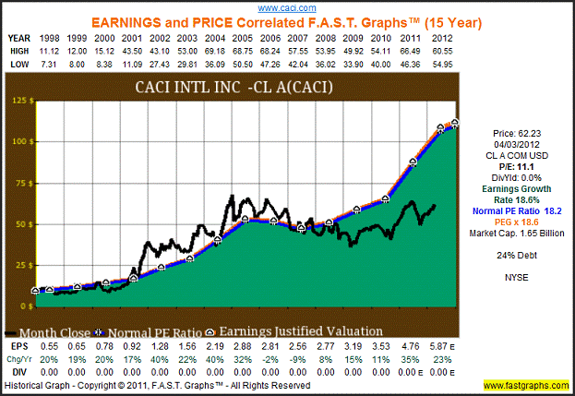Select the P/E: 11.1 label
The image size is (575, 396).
[520, 164]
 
